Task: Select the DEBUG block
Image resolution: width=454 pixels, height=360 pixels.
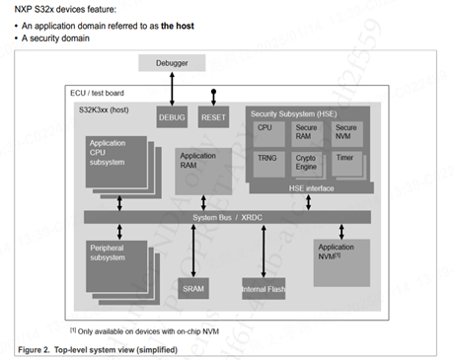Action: (172, 117)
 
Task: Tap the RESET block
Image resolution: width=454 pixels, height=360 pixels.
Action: (212, 117)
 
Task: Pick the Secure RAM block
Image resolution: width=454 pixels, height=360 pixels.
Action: (307, 132)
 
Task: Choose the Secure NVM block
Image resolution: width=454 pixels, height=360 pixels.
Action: (346, 132)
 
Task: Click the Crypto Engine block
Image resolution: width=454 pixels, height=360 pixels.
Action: (307, 162)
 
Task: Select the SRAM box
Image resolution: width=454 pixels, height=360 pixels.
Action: (192, 288)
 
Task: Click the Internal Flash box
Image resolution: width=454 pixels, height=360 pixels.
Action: (263, 288)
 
